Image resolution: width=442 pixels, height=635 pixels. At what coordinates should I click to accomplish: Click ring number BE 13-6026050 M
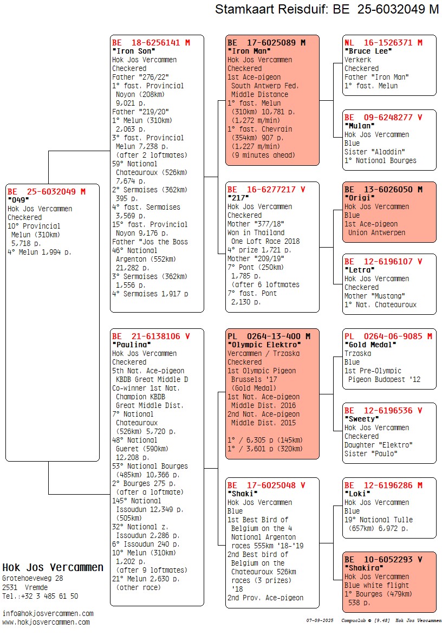[x=383, y=189]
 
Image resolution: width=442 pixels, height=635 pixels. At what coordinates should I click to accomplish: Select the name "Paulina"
[x=132, y=345]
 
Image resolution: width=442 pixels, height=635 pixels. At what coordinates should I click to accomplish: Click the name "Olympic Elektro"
[x=264, y=345]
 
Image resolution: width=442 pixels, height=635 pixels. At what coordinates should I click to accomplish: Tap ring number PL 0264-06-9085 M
[x=388, y=336]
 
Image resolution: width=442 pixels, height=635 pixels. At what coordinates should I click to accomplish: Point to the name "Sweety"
[x=362, y=419]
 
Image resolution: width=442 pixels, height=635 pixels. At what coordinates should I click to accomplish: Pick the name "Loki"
[x=357, y=494]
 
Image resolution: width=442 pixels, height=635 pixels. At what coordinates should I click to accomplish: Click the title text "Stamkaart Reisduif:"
[x=271, y=9]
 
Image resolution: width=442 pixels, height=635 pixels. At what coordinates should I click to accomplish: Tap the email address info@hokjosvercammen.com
[x=48, y=613]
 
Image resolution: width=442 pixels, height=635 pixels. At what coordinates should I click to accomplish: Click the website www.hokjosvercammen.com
[x=46, y=622]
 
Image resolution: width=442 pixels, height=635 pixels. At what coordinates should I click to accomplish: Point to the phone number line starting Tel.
[x=40, y=596]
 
